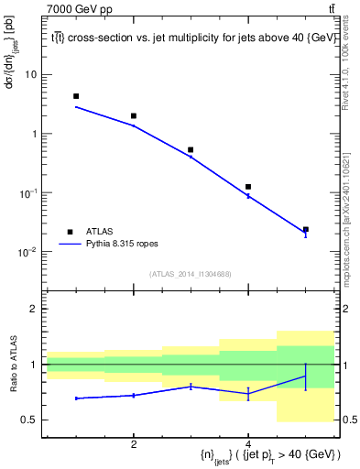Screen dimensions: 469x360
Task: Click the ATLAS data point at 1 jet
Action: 76,96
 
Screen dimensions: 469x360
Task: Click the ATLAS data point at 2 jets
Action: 134,116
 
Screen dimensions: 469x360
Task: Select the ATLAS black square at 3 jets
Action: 191,149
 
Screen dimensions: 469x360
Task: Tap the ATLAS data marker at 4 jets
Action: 248,187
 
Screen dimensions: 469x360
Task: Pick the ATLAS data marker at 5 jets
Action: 305,229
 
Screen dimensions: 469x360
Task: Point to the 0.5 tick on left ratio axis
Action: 30,420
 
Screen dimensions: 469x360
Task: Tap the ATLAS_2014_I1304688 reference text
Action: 190,273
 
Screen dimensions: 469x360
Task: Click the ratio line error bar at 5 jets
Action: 305,376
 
